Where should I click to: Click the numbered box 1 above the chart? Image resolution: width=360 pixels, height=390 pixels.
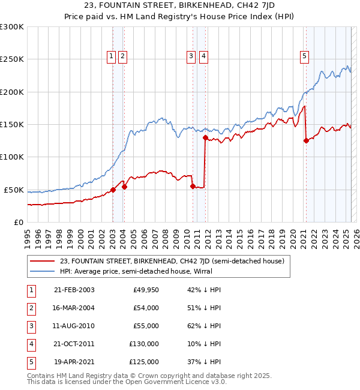coord(111,56)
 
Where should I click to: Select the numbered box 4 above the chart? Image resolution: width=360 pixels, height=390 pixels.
coord(204,56)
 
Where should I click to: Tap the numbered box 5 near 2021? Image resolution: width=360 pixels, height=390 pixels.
coord(304,56)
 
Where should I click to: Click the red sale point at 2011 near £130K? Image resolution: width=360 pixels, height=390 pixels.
coord(205,137)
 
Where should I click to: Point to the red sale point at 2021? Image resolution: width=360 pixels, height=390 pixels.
coord(306,141)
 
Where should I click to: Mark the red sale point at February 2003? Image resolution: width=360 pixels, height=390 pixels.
coord(113,190)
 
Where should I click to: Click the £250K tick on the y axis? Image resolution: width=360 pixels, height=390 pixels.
coord(12,59)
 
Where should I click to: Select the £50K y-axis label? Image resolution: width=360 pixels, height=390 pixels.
coord(14,190)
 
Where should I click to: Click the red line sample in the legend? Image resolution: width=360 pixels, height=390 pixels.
coord(42,261)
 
